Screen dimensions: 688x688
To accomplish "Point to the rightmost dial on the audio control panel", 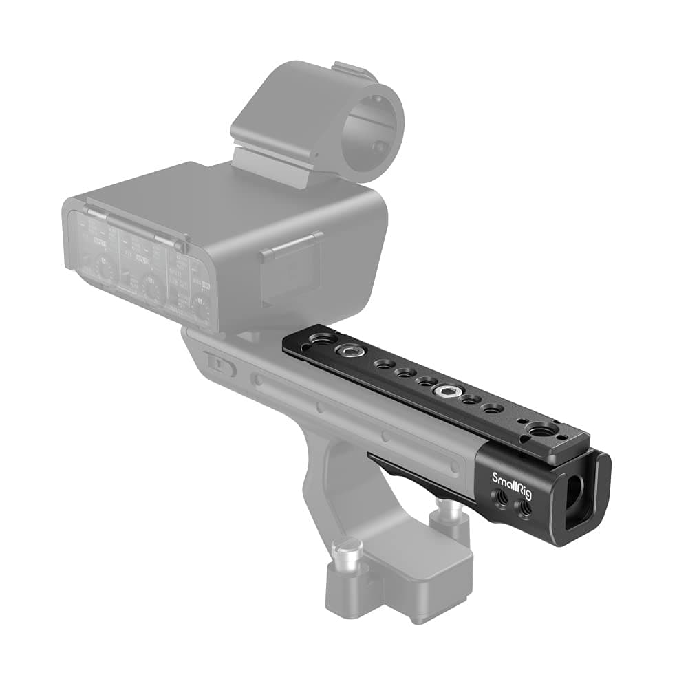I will click(200, 307).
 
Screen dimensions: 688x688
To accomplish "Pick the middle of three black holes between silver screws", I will click(405, 373).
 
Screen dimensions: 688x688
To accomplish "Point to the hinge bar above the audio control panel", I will click(131, 220).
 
